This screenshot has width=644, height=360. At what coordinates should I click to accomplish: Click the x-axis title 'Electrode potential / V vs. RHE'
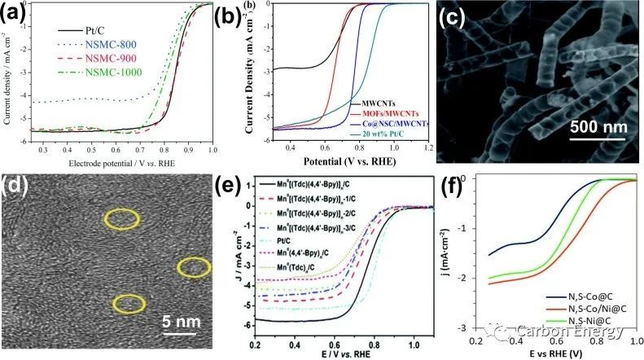point(113,161)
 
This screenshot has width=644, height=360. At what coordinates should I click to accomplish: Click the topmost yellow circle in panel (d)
point(121,218)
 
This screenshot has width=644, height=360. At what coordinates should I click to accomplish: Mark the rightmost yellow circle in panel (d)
point(195,266)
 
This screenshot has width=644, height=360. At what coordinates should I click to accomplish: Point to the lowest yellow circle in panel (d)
point(129,305)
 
